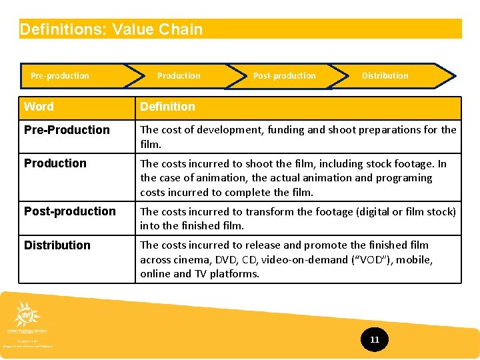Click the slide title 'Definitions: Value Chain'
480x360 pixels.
(111, 29)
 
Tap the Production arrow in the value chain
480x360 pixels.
(179, 76)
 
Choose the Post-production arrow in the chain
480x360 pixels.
(285, 76)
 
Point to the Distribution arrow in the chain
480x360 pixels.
(385, 76)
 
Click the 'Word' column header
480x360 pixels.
(39, 107)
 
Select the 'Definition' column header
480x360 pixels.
(168, 107)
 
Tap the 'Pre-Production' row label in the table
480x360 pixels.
(67, 130)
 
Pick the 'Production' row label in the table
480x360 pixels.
(55, 163)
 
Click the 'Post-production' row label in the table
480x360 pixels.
(70, 211)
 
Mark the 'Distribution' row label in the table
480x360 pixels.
(57, 245)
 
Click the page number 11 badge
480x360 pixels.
(375, 340)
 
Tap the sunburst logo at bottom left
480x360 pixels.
(27, 313)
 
